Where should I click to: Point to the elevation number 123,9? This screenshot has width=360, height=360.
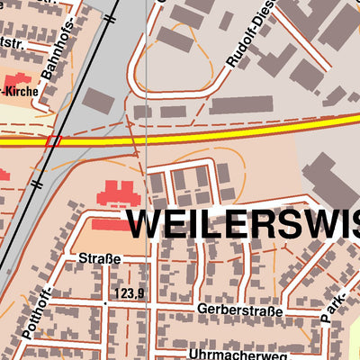coord(130,293)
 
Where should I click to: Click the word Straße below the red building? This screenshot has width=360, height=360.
coord(99,260)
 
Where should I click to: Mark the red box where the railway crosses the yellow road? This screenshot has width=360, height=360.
coord(53,140)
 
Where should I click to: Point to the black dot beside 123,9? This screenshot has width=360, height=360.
coord(106,302)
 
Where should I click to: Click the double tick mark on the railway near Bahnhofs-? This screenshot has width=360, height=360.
coord(110,15)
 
